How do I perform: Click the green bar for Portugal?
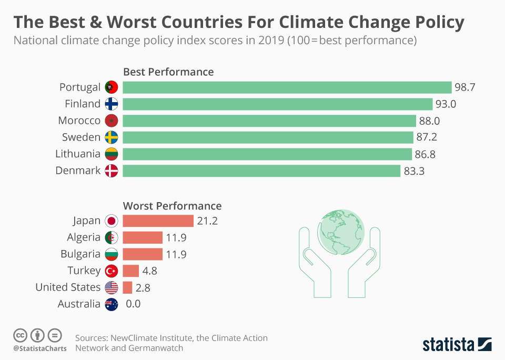(287, 87)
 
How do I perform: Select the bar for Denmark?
(261, 171)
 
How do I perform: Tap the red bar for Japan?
(158, 221)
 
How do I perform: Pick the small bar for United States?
(127, 287)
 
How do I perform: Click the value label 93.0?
(445, 104)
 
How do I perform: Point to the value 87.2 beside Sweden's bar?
(426, 137)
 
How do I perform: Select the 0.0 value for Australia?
(133, 304)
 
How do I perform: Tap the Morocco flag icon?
(111, 121)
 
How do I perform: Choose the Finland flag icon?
(111, 104)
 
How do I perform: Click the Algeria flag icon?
(111, 238)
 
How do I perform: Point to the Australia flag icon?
(111, 304)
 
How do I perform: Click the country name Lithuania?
(78, 154)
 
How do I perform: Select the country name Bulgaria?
(80, 254)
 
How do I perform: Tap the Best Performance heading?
(168, 72)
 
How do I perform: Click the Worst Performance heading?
(172, 206)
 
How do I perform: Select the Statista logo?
(457, 345)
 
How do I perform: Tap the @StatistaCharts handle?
(40, 349)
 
